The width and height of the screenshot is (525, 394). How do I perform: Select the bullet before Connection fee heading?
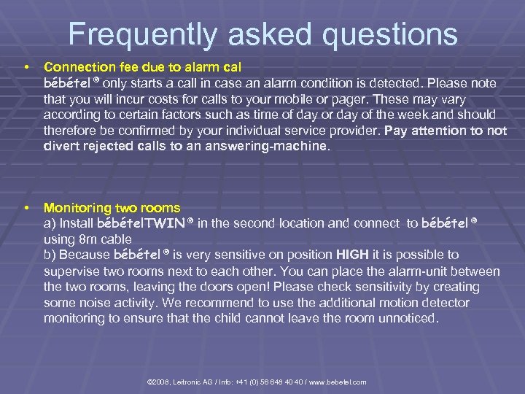pyautogui.click(x=26, y=66)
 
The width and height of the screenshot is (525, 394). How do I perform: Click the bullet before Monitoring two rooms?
pyautogui.click(x=26, y=208)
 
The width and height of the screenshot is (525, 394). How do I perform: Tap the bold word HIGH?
pyautogui.click(x=354, y=255)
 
